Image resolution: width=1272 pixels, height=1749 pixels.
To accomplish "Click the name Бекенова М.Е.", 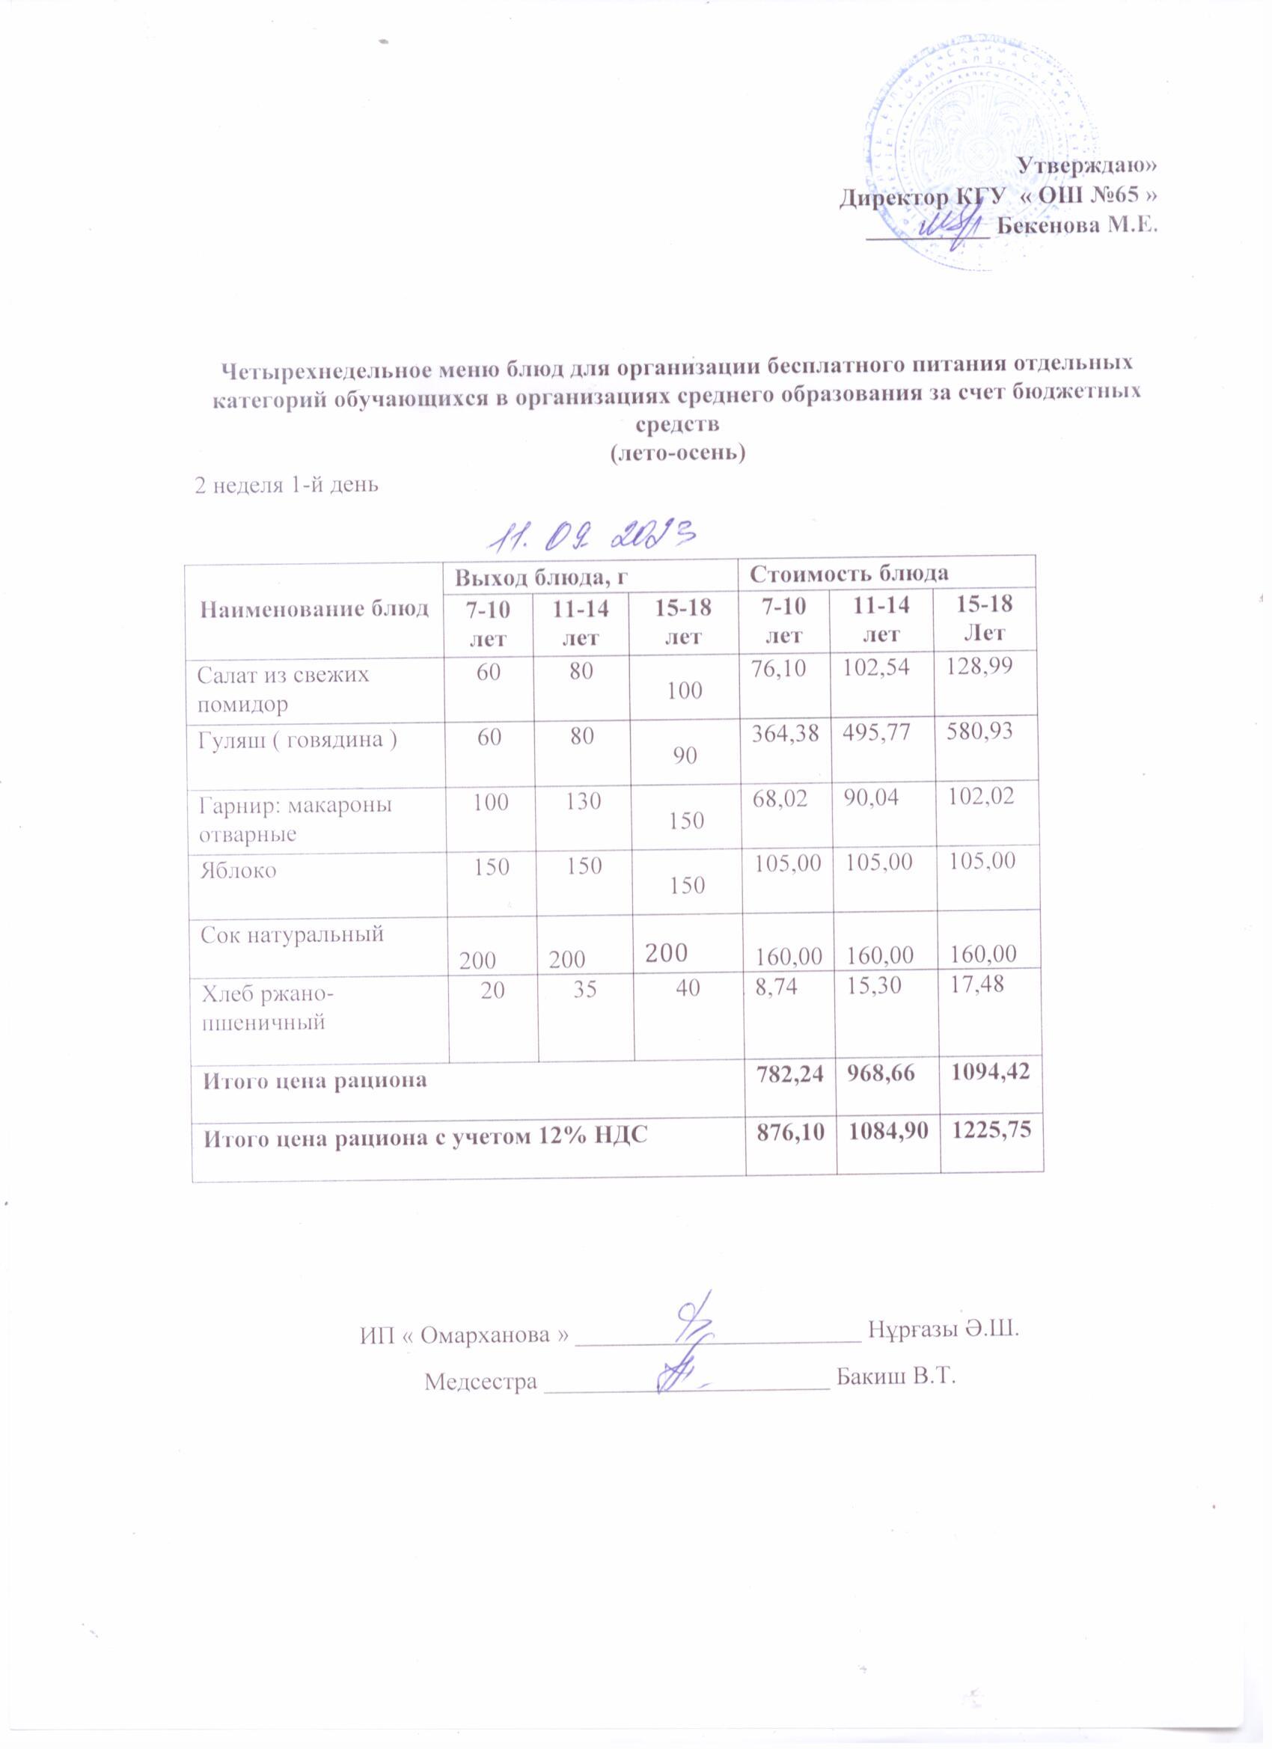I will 1077,226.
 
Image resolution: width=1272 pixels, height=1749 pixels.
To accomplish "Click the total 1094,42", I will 991,1073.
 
